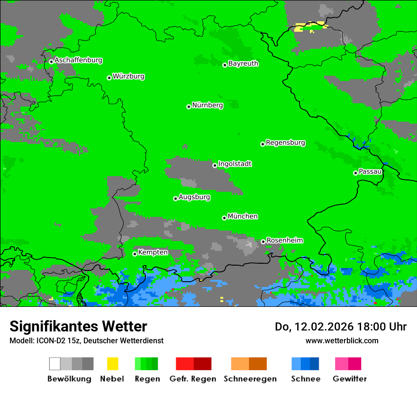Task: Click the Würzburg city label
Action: click(128, 76)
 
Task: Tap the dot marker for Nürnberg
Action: click(189, 107)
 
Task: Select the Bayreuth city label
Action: click(243, 63)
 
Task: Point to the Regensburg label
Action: click(285, 143)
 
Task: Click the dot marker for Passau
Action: click(355, 173)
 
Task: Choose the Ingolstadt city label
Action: click(235, 164)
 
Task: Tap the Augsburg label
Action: click(194, 197)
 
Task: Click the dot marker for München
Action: click(224, 218)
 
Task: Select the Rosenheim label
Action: click(284, 240)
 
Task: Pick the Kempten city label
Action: click(153, 252)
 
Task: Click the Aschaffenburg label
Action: click(78, 60)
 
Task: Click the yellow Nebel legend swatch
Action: click(112, 364)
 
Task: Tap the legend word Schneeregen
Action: click(250, 379)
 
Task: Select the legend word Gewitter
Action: click(349, 379)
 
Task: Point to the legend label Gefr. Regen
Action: click(193, 379)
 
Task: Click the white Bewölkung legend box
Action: click(55, 364)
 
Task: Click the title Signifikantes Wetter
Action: click(78, 326)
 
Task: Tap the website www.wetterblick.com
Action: click(342, 340)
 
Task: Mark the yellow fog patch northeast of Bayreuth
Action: click(309, 26)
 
